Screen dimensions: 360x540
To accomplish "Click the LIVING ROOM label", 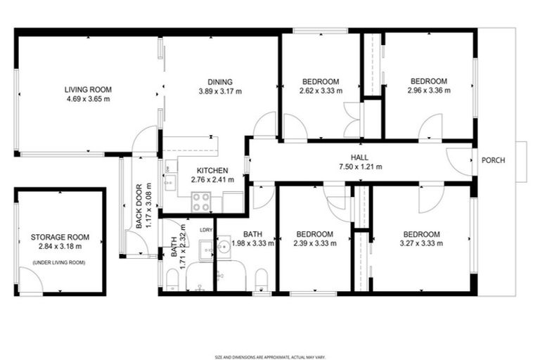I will (89, 89).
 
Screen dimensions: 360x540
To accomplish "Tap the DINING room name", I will (219, 82).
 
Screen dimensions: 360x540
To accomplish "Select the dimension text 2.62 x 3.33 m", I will (321, 91).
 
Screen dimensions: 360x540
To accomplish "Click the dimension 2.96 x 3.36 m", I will (429, 90).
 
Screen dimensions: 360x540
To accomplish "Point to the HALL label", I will (361, 157).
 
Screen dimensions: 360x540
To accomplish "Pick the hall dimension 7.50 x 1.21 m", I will (361, 167).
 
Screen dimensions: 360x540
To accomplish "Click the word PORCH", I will (493, 160).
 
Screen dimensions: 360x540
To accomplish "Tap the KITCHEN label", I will (212, 170).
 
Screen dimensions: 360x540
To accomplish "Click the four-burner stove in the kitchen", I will (202, 202).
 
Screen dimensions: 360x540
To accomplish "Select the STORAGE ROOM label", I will (60, 238).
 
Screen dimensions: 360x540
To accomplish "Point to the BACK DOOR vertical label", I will (140, 206).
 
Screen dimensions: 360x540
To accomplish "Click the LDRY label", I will (206, 230).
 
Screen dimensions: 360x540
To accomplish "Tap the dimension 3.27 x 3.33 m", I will (421, 244).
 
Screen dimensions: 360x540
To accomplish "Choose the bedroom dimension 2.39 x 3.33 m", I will (314, 244).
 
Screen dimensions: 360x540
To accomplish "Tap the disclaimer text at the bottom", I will (269, 339).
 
